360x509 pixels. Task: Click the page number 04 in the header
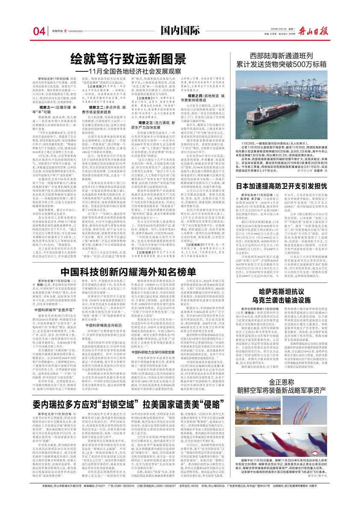point(39,32)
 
